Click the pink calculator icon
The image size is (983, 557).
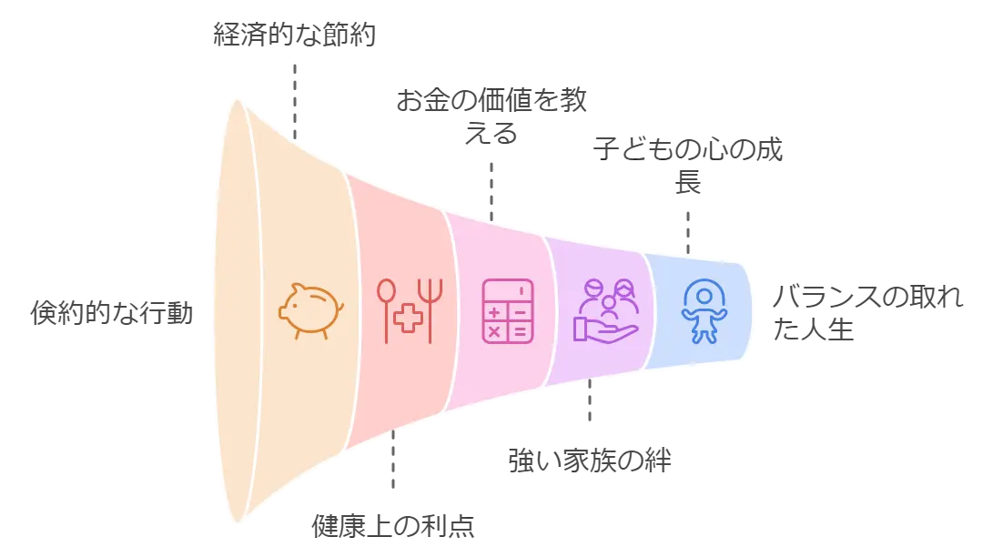507,311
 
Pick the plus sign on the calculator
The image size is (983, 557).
495,311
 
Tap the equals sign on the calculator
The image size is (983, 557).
519,331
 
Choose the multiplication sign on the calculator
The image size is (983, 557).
495,331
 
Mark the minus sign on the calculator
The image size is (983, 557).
519,311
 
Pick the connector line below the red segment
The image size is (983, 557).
393,463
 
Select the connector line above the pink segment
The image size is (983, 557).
491,190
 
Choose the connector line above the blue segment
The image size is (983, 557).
688,232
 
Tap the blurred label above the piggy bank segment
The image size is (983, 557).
293,35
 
